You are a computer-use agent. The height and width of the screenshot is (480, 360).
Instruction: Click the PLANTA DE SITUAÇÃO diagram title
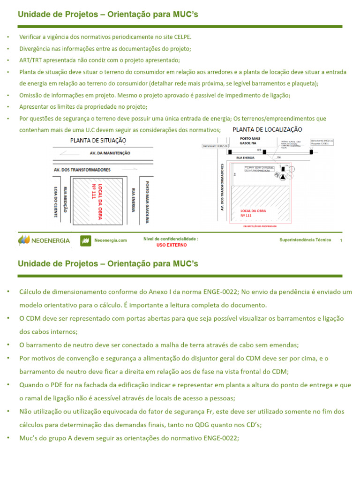click(x=98, y=140)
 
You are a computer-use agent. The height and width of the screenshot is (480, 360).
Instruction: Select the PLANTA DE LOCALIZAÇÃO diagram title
click(x=267, y=129)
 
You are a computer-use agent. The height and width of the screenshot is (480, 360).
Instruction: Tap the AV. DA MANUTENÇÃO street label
click(x=110, y=153)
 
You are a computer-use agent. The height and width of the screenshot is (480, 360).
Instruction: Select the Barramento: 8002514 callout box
click(x=215, y=146)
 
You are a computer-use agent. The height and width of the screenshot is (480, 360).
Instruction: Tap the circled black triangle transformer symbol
click(x=282, y=176)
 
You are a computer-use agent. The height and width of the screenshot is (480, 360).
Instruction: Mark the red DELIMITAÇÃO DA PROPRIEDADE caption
click(x=260, y=226)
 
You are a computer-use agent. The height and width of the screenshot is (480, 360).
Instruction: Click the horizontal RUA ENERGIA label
click(x=245, y=157)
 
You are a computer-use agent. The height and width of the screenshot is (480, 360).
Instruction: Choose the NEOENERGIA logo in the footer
click(x=44, y=240)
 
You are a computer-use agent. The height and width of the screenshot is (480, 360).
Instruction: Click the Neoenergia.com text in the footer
click(x=111, y=240)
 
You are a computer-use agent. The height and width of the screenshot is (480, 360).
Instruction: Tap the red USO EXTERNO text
click(x=171, y=245)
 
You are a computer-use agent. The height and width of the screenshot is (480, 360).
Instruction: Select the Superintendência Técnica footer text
click(x=305, y=240)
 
